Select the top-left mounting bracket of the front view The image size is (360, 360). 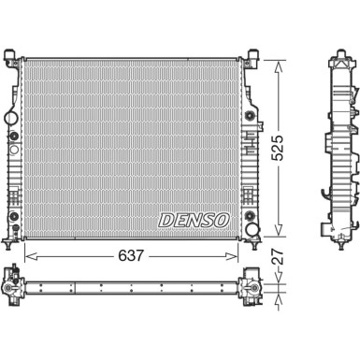tap(14, 51)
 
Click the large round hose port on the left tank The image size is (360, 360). tap(10, 120)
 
